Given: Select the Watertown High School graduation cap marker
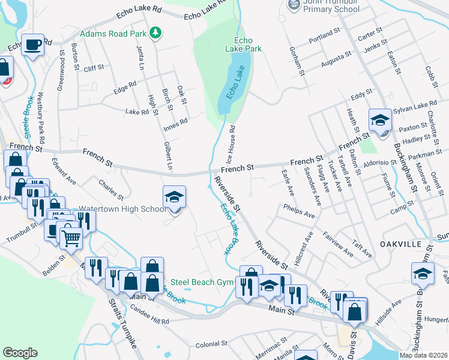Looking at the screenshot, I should coord(175,198).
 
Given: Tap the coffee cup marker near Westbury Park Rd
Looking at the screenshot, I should coord(32,45).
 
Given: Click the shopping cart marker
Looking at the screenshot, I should coord(71,238).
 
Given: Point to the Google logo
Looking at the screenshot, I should coord(20,353).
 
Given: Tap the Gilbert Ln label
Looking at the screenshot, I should coord(169,157).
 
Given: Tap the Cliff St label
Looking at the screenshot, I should coord(94,69).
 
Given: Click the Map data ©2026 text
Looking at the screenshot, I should coord(422,355).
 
